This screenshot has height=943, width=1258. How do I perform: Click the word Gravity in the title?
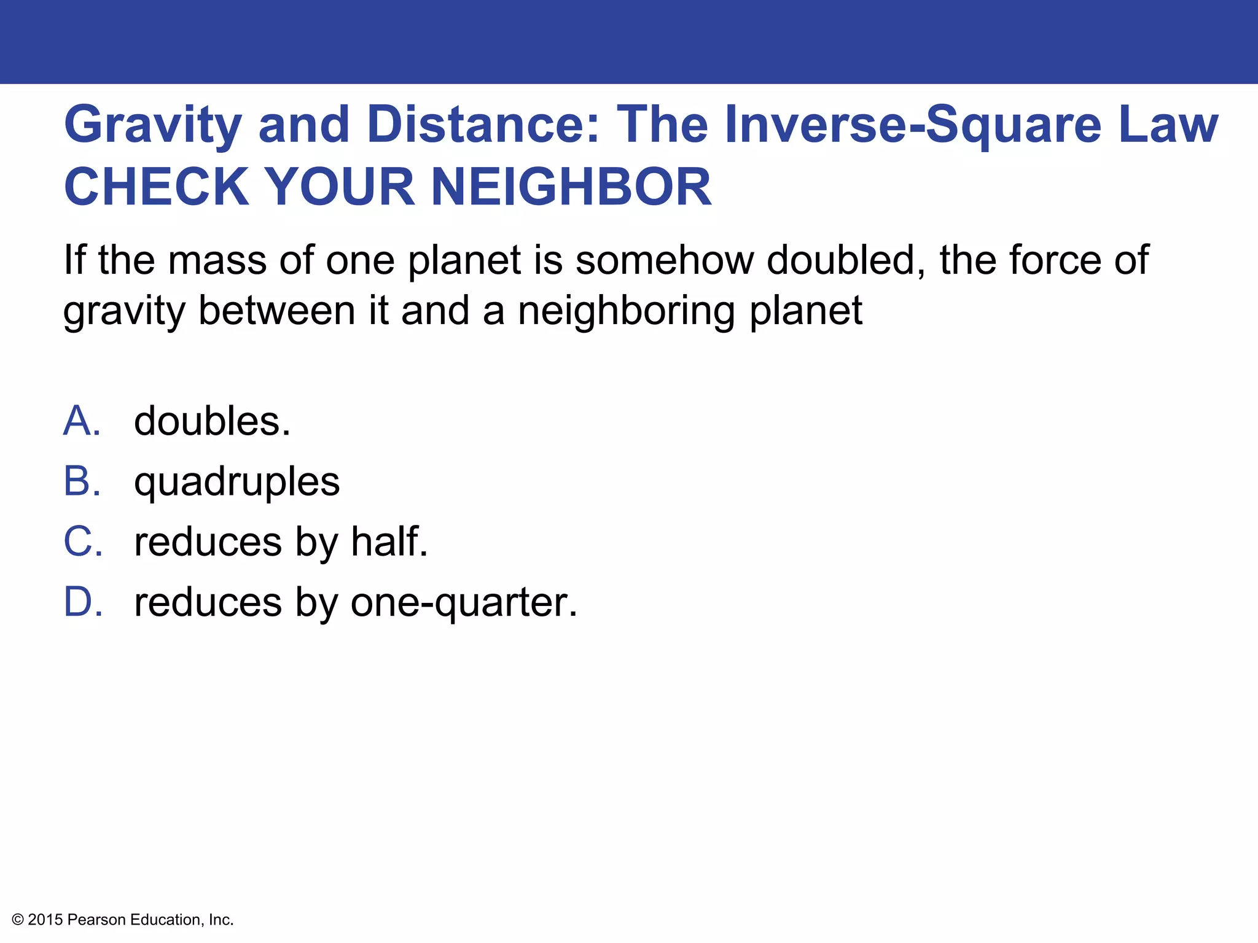[x=153, y=125]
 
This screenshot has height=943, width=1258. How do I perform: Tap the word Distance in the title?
[x=483, y=125]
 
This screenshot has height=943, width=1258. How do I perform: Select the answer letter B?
[x=81, y=481]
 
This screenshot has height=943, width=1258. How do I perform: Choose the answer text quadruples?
[x=236, y=483]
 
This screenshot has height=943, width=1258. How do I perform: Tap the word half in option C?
[x=389, y=541]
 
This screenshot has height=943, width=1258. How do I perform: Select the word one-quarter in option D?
[x=464, y=603]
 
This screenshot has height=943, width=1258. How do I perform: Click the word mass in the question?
[x=217, y=260]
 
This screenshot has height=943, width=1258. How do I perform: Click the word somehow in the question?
[x=665, y=260]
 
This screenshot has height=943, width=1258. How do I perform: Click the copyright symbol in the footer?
[x=18, y=920]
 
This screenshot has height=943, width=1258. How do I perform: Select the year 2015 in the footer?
[x=45, y=920]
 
